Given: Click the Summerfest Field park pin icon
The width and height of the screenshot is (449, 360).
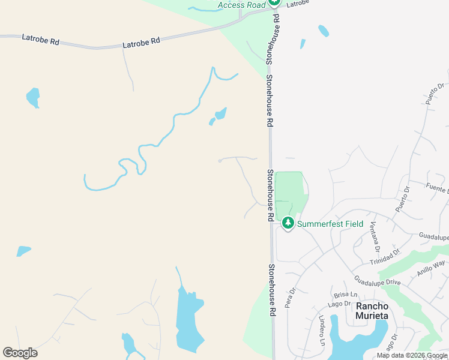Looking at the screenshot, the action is point(288,223).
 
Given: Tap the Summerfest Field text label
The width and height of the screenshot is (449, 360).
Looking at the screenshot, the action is point(330,224).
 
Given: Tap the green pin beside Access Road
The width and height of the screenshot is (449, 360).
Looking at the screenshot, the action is point(274,2).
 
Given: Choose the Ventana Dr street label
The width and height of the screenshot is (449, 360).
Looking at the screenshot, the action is point(374,236).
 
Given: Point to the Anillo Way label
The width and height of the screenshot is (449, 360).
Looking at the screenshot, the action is point(431,267).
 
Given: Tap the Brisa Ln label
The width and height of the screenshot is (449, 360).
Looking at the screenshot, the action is point(345,295).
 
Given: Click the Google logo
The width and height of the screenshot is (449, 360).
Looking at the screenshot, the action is point(20,353).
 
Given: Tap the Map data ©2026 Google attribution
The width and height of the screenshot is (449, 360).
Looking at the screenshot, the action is point(412,355).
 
